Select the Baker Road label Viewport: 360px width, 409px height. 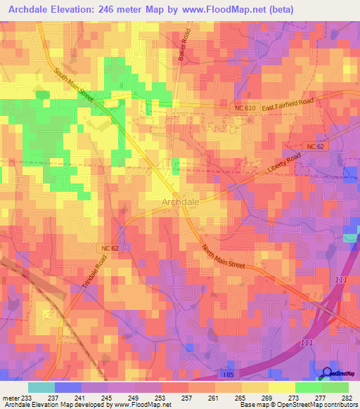tap(185, 45)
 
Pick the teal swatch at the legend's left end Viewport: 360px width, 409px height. tap(41, 387)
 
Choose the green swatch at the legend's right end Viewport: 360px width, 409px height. tap(335, 387)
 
